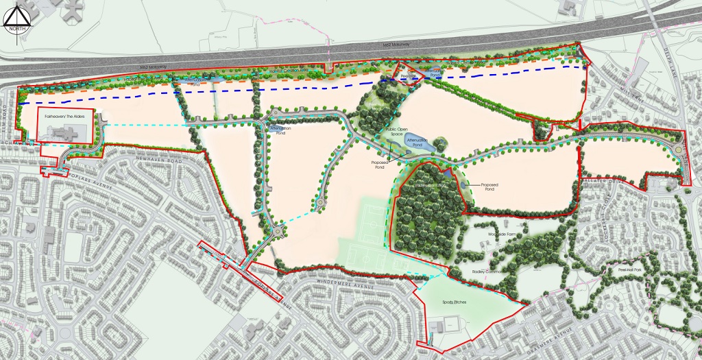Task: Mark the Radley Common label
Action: pyautogui.click(x=488, y=272)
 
